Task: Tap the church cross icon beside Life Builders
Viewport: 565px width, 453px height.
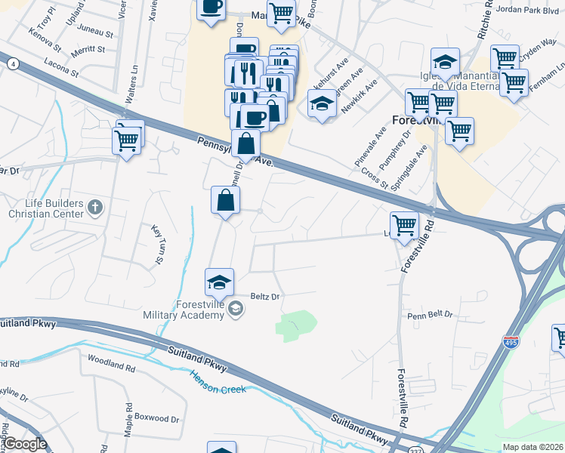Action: tap(94, 206)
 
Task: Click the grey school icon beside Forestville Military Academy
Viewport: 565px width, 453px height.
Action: tap(236, 307)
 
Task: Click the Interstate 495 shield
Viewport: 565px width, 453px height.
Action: tap(511, 344)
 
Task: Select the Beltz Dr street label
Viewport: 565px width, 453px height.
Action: tap(265, 297)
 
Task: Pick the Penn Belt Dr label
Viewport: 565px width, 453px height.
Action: tap(430, 313)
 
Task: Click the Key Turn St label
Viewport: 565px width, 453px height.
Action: tap(159, 245)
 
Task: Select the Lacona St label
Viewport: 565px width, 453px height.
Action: tap(61, 69)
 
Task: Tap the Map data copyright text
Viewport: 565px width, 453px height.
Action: tap(533, 446)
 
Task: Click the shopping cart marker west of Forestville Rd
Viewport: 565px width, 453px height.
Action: tap(405, 225)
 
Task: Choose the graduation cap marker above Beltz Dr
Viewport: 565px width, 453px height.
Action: tap(220, 282)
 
